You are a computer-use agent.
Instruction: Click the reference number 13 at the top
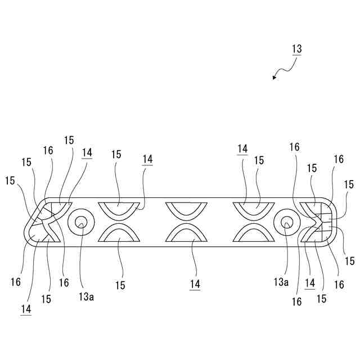296,49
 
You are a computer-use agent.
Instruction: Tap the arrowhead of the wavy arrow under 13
274,78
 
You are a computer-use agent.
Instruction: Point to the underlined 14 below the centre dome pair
195,285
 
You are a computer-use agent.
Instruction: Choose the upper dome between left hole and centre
119,208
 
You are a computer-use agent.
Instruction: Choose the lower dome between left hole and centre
119,235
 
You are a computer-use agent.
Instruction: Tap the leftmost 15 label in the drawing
10,181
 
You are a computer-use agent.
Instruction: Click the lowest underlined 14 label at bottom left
25,309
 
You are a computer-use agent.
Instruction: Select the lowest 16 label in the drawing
296,302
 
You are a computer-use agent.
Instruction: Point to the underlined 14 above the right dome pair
242,149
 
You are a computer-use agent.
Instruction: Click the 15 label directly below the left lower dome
120,285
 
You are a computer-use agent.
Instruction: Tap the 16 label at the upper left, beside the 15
48,150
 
